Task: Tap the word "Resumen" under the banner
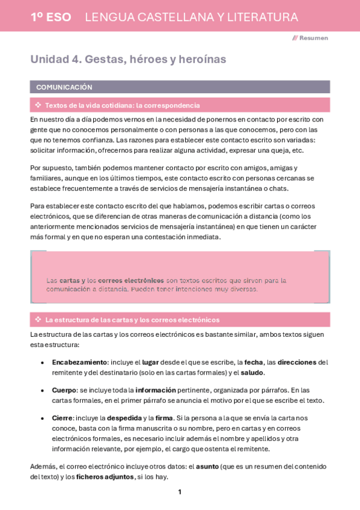point(314,38)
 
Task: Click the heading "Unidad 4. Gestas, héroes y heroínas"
point(128,60)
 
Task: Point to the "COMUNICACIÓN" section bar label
point(64,87)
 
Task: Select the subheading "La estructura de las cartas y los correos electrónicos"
point(132,320)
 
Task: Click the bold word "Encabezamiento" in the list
point(79,363)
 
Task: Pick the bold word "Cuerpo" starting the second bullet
point(64,390)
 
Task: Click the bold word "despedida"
point(124,418)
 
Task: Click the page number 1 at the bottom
point(179,492)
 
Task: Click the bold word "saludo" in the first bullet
point(252,373)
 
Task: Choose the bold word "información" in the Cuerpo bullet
point(156,390)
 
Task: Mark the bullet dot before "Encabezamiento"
point(41,363)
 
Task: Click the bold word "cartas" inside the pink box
point(69,280)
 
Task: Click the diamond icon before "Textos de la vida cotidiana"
point(38,105)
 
